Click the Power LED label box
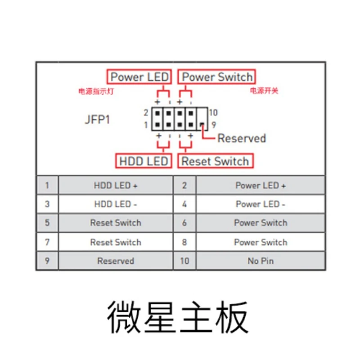[x=139, y=77]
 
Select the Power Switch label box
[x=217, y=77]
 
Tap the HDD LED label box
[x=144, y=161]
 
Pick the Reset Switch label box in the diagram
[x=215, y=161]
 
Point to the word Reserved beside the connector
[x=242, y=138]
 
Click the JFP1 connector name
[x=97, y=120]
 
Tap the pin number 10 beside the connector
[x=213, y=112]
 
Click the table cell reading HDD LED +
[x=116, y=185]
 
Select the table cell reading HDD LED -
[x=116, y=204]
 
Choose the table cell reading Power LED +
[x=261, y=185]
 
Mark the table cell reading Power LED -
[x=261, y=204]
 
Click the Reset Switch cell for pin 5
[x=116, y=223]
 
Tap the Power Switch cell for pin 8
[x=261, y=242]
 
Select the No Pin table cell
[x=261, y=261]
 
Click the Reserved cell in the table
[x=116, y=261]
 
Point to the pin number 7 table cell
[x=47, y=242]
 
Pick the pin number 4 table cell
[x=184, y=204]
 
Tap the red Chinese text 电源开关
[x=264, y=91]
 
